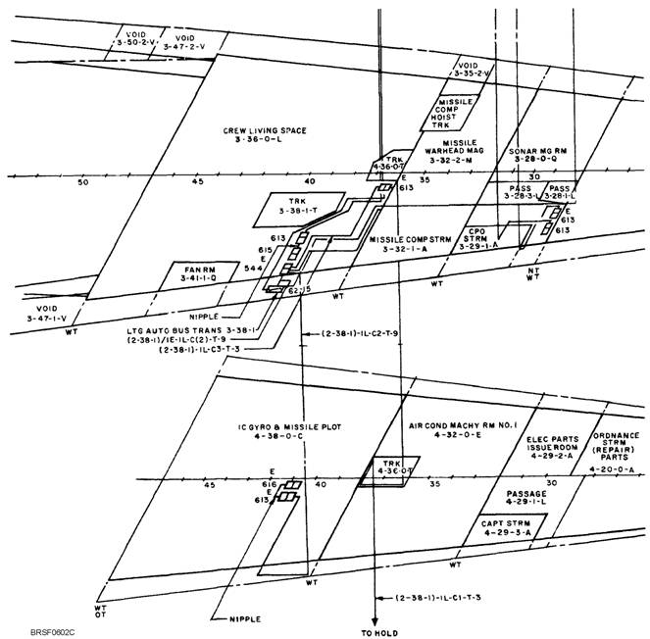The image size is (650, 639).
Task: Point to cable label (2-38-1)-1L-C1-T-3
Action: click(437, 597)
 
